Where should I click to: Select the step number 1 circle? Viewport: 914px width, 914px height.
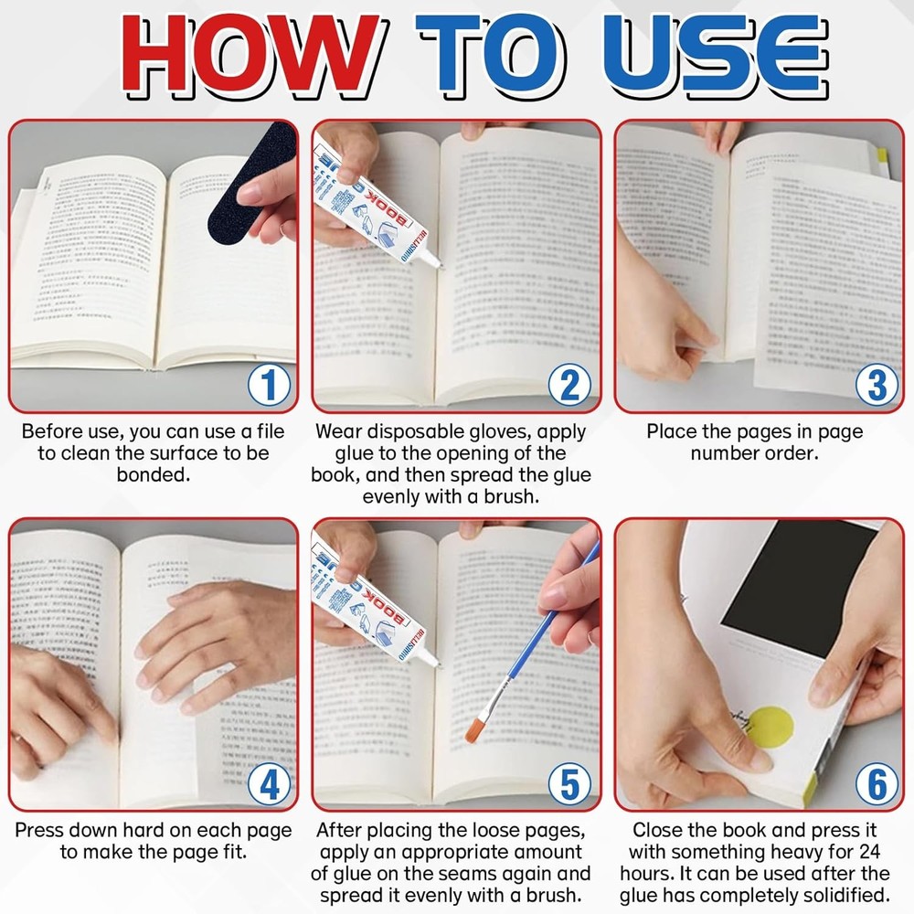(x=269, y=387)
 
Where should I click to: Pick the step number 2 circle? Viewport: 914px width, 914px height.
(x=570, y=387)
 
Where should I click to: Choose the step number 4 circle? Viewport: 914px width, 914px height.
(x=269, y=785)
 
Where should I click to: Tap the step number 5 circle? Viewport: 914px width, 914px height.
(x=570, y=785)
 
